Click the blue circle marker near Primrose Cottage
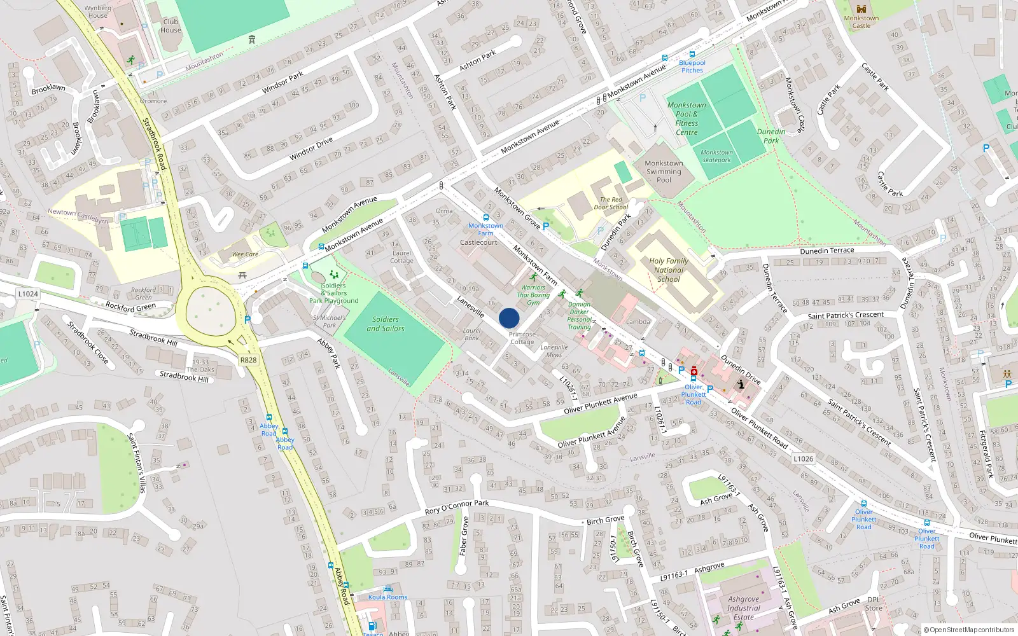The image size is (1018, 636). pyautogui.click(x=509, y=318)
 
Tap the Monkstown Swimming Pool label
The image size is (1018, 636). pyautogui.click(x=664, y=172)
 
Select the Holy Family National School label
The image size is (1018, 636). pyautogui.click(x=669, y=270)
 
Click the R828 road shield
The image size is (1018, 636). pyautogui.click(x=248, y=360)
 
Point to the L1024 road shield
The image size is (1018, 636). pyautogui.click(x=28, y=294)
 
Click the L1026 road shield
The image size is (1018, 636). pyautogui.click(x=803, y=458)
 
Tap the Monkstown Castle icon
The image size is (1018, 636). pyautogui.click(x=861, y=9)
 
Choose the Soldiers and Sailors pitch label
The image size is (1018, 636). pyautogui.click(x=386, y=324)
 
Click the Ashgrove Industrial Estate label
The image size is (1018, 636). pyautogui.click(x=743, y=608)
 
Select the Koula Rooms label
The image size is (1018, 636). pyautogui.click(x=387, y=597)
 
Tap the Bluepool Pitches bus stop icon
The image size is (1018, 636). pyautogui.click(x=692, y=55)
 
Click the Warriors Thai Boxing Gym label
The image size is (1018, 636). pyautogui.click(x=533, y=294)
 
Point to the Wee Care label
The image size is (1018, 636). pyautogui.click(x=245, y=254)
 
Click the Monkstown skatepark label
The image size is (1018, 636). pyautogui.click(x=716, y=156)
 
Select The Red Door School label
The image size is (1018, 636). pyautogui.click(x=611, y=203)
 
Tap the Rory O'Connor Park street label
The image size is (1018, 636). pyautogui.click(x=457, y=507)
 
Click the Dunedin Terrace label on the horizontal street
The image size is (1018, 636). pyautogui.click(x=827, y=251)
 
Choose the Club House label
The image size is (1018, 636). pyautogui.click(x=171, y=25)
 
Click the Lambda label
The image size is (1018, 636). pyautogui.click(x=638, y=322)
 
